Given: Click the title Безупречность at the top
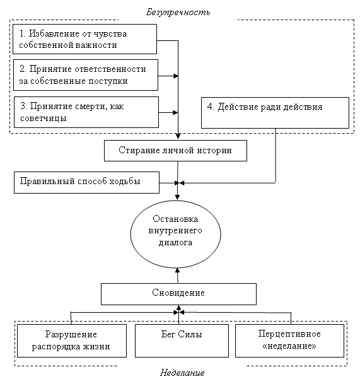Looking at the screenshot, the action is (x=178, y=12).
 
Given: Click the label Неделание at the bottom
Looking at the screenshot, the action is (x=182, y=373).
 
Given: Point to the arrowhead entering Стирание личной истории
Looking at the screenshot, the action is (x=178, y=136).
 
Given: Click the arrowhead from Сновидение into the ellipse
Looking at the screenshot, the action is (x=177, y=271).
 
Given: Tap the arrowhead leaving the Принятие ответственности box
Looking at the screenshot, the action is (x=176, y=76).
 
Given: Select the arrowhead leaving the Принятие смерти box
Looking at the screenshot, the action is (x=175, y=113).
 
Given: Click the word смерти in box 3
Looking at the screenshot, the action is (x=90, y=107).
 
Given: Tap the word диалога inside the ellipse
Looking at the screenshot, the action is (x=175, y=243).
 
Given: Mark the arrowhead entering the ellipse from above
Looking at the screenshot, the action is (x=177, y=197).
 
